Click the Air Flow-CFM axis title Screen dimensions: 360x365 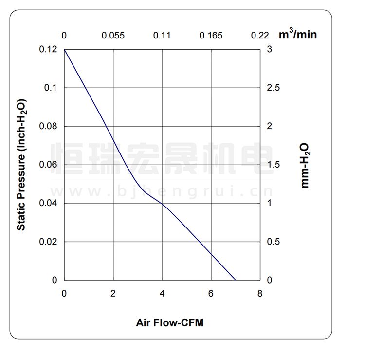(169, 323)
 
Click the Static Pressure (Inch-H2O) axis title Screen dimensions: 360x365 (21, 165)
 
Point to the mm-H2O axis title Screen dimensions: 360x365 (306, 165)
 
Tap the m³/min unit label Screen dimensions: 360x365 (297, 35)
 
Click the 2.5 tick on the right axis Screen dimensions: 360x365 (273, 88)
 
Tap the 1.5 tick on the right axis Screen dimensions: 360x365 (273, 165)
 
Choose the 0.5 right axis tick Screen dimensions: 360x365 (273, 242)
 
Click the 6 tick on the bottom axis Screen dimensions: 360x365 (211, 294)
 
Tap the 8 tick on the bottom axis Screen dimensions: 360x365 (260, 294)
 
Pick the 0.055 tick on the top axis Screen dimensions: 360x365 (113, 36)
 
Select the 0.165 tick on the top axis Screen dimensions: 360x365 (211, 36)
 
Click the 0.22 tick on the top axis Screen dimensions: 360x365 (260, 36)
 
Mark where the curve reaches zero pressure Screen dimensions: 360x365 (236, 280)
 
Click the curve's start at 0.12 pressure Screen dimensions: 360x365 (65, 50)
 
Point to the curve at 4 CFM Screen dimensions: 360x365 (162, 204)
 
